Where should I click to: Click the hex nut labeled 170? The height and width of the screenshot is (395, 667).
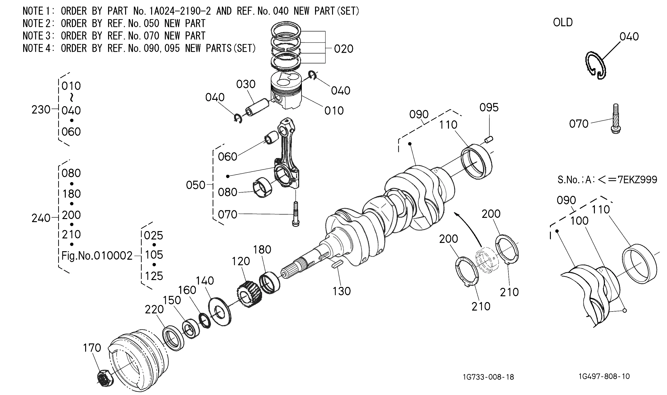pos(105,378)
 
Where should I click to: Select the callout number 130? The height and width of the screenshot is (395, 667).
pos(342,291)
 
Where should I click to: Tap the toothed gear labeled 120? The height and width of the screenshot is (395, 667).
pos(249,295)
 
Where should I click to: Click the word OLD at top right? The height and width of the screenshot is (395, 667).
pos(563,22)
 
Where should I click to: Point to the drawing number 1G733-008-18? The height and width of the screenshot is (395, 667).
pos(488,377)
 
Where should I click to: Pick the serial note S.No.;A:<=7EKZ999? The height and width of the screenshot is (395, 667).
pos(607,180)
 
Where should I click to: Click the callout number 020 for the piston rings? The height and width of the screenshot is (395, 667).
pos(344,49)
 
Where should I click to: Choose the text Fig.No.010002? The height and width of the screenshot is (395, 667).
pos(97,256)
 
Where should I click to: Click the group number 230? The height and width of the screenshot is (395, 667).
pos(41,110)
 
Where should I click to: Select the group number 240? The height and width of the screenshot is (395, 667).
pos(41,218)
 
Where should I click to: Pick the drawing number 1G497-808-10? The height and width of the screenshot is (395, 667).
pos(604,376)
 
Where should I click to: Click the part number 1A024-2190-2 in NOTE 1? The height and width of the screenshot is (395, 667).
pos(180,11)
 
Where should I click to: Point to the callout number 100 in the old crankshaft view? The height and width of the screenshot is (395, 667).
pos(579,221)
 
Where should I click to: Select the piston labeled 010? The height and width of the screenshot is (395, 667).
pos(286,91)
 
